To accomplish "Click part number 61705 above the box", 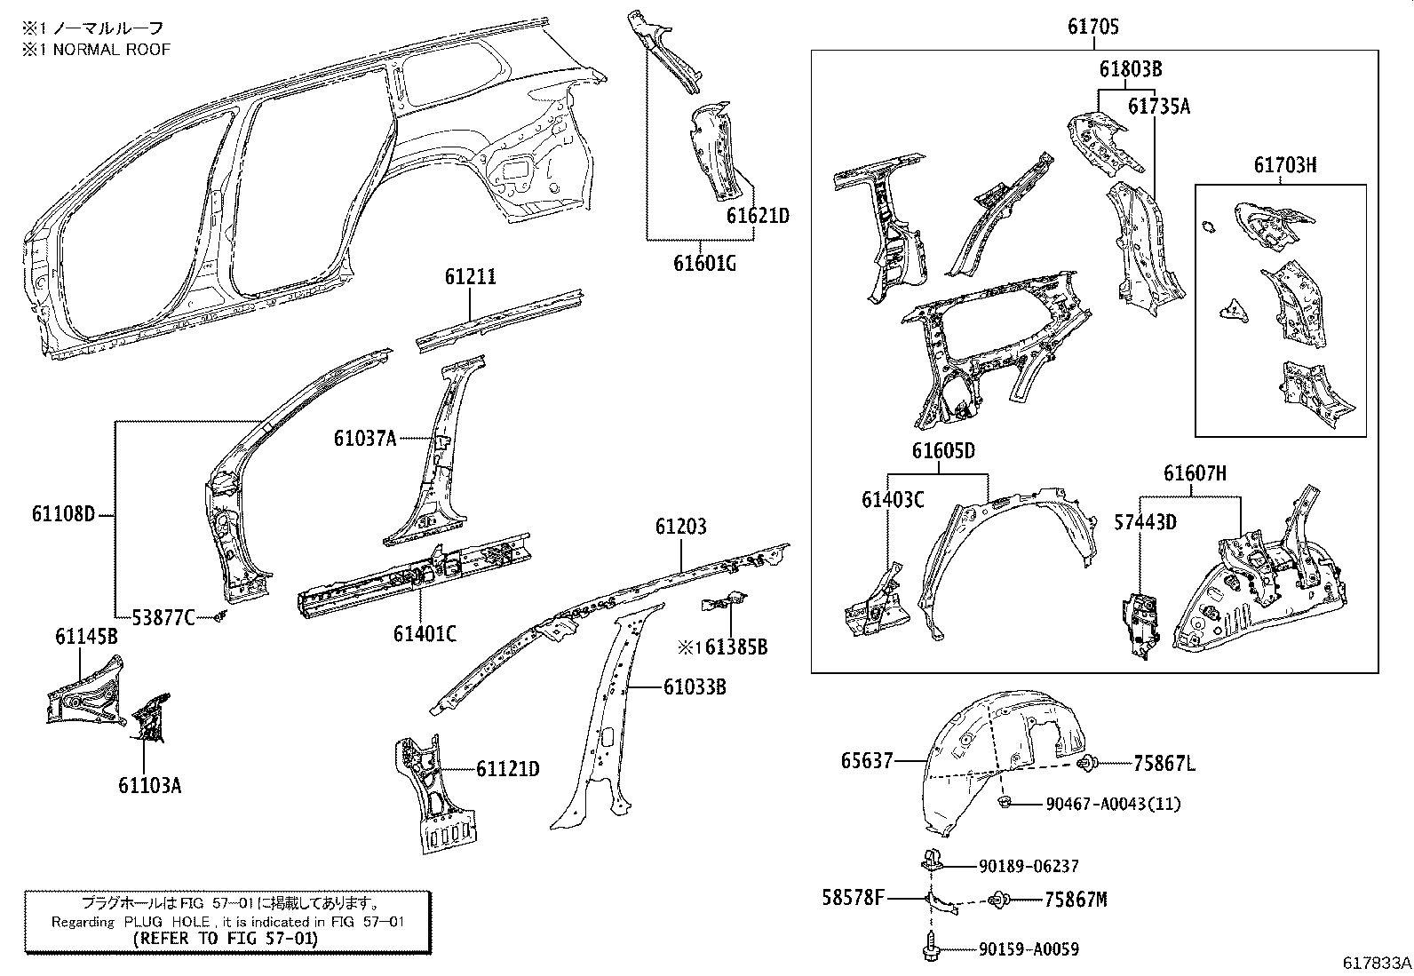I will (x=1092, y=28).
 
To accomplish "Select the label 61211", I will (x=470, y=278).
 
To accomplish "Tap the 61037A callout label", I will (x=364, y=438).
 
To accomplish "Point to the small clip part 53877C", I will (x=221, y=616).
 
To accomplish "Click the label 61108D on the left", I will (x=63, y=514).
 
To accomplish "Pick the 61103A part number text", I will (x=149, y=785).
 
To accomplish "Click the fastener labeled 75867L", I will (x=1086, y=762).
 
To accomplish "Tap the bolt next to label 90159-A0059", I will (x=928, y=948).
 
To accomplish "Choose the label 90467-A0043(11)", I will (x=1113, y=804).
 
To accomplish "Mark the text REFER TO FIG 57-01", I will (x=225, y=938).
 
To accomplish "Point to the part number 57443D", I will (x=1145, y=522).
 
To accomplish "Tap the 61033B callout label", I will (x=695, y=686).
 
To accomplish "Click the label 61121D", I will (x=506, y=769).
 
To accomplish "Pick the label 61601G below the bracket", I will (x=705, y=264).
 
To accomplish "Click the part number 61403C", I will (x=892, y=500).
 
